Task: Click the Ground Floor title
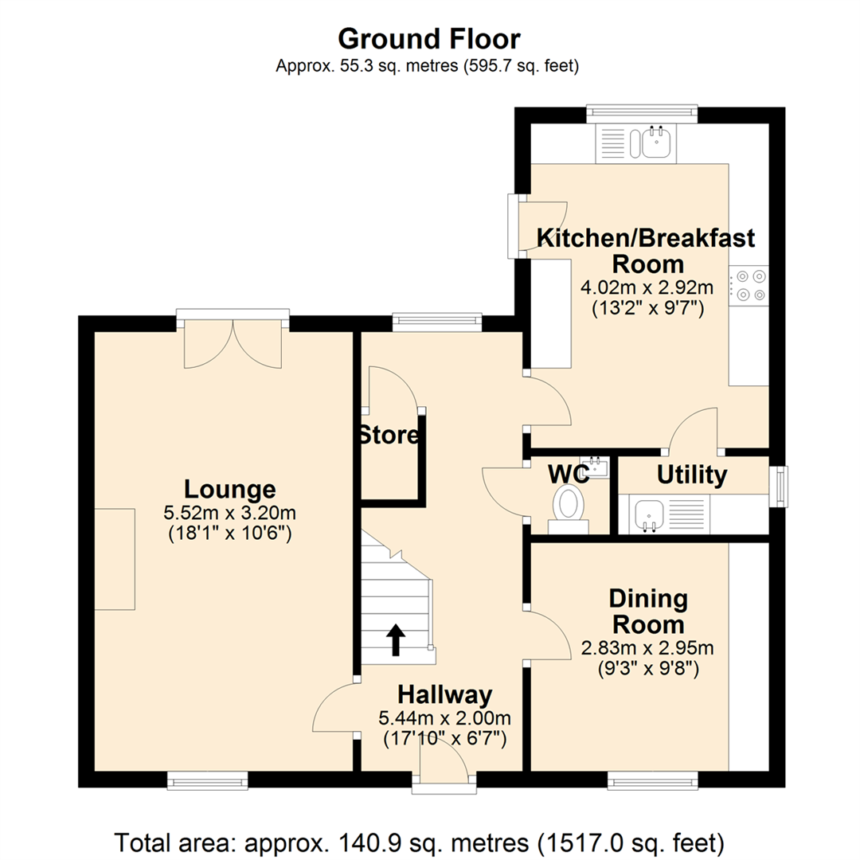tap(429, 39)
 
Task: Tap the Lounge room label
tap(229, 489)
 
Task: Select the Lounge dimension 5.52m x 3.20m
tap(229, 513)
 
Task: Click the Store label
tap(389, 435)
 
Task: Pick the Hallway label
tap(445, 694)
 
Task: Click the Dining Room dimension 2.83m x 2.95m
tap(647, 647)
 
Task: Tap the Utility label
tap(692, 475)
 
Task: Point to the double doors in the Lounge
tap(233, 343)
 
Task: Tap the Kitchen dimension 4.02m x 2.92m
tap(647, 287)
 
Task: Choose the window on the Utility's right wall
tap(779, 486)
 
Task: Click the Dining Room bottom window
tap(653, 781)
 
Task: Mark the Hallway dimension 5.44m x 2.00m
tap(445, 717)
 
